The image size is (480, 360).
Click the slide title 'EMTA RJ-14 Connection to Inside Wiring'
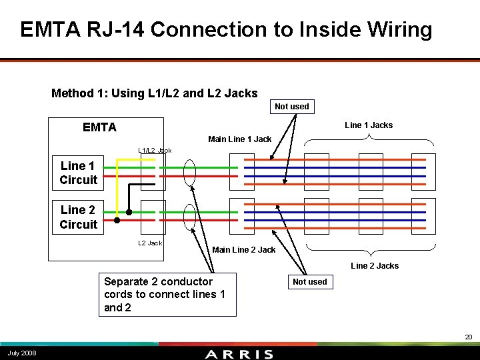[x=226, y=30]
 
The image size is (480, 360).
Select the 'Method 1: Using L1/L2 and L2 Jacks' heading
[x=154, y=93]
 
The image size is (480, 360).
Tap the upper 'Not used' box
[x=292, y=106]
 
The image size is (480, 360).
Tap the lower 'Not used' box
[x=310, y=281]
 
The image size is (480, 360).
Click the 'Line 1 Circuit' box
[x=78, y=173]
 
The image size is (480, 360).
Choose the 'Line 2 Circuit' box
[x=78, y=217]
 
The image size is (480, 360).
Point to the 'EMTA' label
[x=99, y=127]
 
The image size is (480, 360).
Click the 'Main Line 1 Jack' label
[x=239, y=139]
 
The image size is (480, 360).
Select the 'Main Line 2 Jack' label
[x=243, y=250]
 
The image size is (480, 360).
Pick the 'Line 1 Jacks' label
[x=369, y=125]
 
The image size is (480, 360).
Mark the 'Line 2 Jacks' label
[x=375, y=265]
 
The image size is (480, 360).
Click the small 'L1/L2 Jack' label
[x=155, y=150]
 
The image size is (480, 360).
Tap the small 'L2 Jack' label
[x=150, y=243]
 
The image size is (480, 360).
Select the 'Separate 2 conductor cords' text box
[x=167, y=294]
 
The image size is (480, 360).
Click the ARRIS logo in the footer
[x=239, y=353]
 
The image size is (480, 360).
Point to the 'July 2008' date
[x=22, y=353]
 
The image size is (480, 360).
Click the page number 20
[x=469, y=337]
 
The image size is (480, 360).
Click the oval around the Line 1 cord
[x=190, y=173]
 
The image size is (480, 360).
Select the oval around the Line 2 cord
[x=190, y=216]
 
